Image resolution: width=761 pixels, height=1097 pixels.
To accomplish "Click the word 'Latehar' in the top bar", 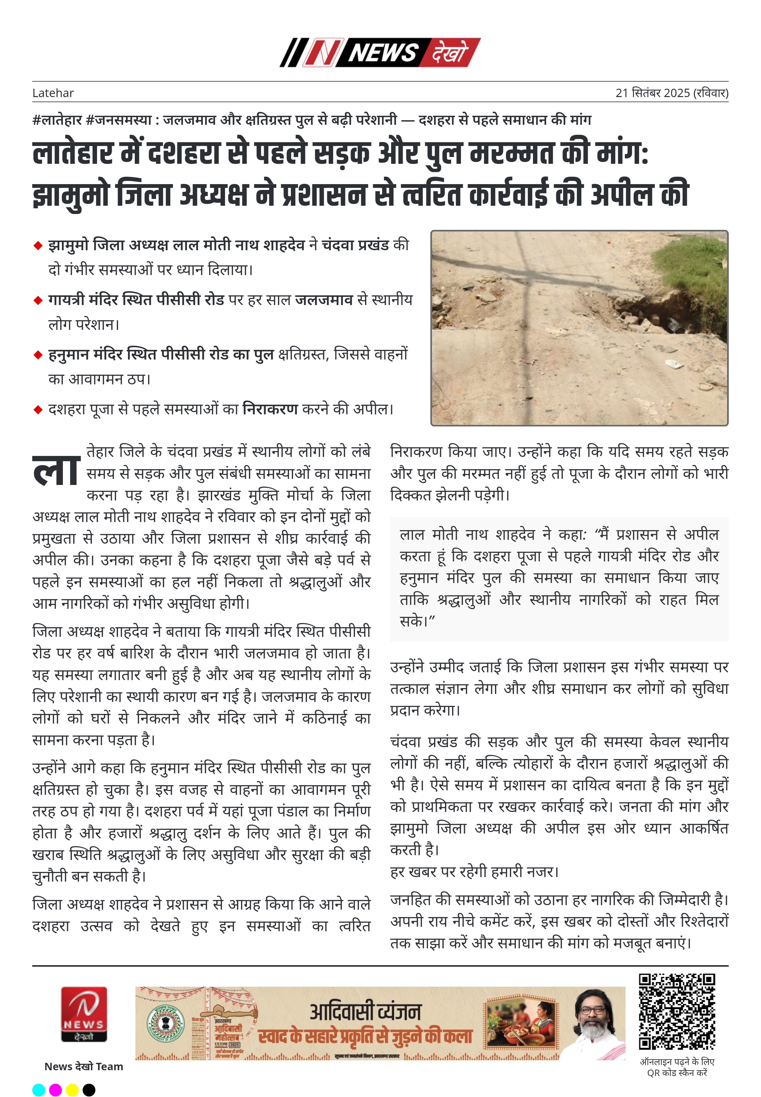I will [x=53, y=93].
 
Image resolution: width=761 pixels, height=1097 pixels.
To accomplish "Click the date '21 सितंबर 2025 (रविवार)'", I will [x=671, y=93].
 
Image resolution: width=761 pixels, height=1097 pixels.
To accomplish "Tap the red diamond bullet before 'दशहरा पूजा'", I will [x=38, y=410].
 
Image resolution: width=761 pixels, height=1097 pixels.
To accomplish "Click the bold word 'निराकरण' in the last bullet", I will [x=270, y=409].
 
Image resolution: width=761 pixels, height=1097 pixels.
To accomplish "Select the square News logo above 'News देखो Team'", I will [x=84, y=1014].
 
